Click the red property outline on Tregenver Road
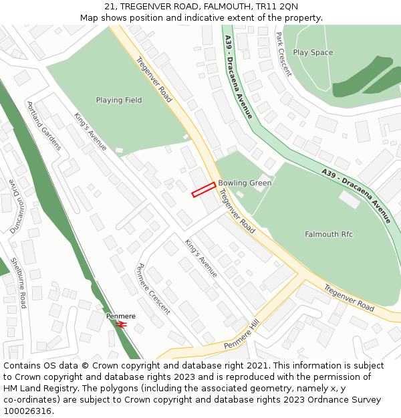click(204, 189)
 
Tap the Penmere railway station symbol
click(122, 324)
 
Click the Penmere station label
click(121, 316)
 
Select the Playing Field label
click(119, 100)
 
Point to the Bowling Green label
click(245, 183)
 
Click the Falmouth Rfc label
click(329, 234)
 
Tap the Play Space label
click(313, 52)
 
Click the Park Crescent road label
click(283, 53)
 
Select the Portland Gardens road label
click(44, 126)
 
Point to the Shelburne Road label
click(18, 283)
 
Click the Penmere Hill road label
click(241, 334)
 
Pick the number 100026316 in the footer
click(27, 411)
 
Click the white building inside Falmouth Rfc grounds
click(350, 199)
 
